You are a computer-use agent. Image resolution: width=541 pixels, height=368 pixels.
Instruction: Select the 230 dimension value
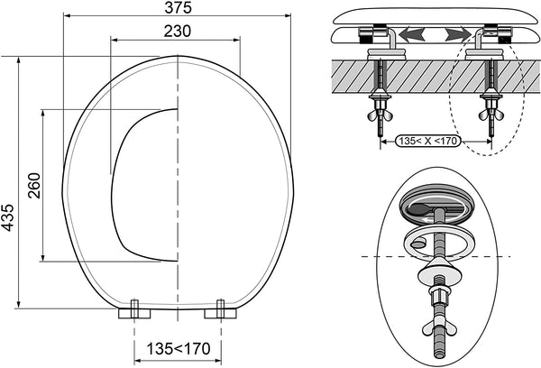[179, 30]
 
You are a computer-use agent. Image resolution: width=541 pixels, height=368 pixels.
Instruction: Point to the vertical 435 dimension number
[9, 216]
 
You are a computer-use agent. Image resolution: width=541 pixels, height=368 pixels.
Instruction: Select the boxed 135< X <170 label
[427, 141]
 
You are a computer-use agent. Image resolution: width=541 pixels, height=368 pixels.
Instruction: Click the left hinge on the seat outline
[133, 310]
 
